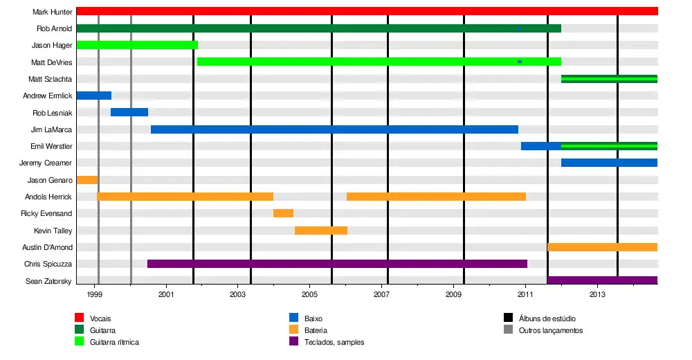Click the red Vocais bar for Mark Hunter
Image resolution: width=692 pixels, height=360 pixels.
coord(367,11)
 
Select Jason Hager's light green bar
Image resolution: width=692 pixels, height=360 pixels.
coord(137,45)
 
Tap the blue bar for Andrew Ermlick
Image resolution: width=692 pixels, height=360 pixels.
coord(93,96)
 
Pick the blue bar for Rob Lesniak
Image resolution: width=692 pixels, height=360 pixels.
coord(129,112)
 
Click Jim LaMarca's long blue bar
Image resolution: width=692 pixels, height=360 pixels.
coord(334,129)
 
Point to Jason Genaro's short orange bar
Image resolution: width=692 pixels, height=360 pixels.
coord(87,180)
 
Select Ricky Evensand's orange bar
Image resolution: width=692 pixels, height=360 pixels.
coord(283,213)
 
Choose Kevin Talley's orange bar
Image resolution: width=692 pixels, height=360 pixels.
coord(321,231)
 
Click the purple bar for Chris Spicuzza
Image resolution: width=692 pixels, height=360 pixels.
coord(337,264)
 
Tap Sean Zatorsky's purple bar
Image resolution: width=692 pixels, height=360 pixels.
coord(602,280)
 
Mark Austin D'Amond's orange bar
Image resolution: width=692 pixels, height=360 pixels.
coord(602,247)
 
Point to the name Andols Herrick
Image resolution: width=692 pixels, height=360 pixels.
coord(48,197)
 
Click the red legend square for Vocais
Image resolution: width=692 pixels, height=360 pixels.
coord(80,318)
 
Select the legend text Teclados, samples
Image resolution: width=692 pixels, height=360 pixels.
coord(334,342)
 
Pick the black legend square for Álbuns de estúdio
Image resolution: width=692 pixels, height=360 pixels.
coord(508,318)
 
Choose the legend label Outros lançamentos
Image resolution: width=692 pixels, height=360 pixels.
coord(551,330)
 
